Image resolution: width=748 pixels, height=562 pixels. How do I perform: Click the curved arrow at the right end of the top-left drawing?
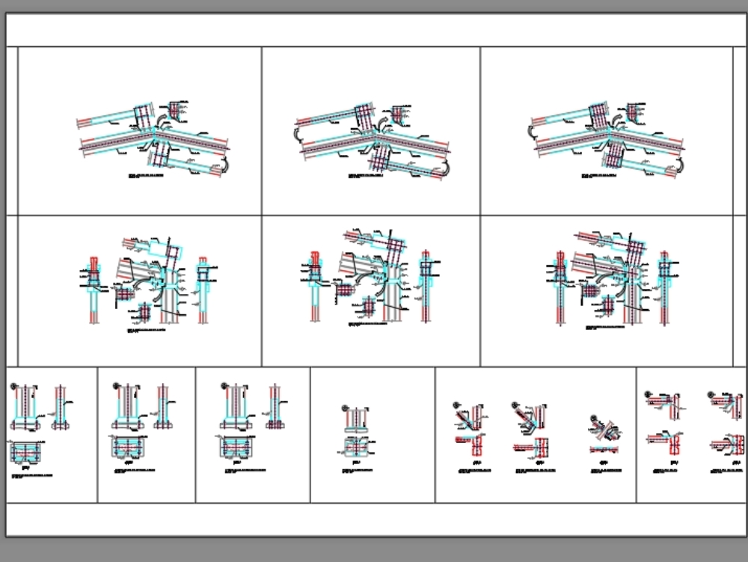tap(225, 167)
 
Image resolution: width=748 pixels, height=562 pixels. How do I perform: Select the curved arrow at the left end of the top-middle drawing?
tap(296, 135)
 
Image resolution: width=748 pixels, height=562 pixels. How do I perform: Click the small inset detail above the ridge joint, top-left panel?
tap(176, 110)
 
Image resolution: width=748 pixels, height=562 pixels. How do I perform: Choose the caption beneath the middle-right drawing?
tap(606, 328)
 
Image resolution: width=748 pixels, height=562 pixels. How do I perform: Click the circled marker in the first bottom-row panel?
tap(13, 387)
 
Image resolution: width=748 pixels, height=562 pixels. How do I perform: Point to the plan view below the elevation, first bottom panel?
tap(27, 451)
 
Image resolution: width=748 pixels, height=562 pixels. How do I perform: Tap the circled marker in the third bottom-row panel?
tap(224, 386)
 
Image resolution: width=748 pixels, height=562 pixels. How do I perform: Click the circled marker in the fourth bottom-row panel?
tap(345, 408)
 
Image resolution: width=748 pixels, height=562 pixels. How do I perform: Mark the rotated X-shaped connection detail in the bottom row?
tap(604, 427)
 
